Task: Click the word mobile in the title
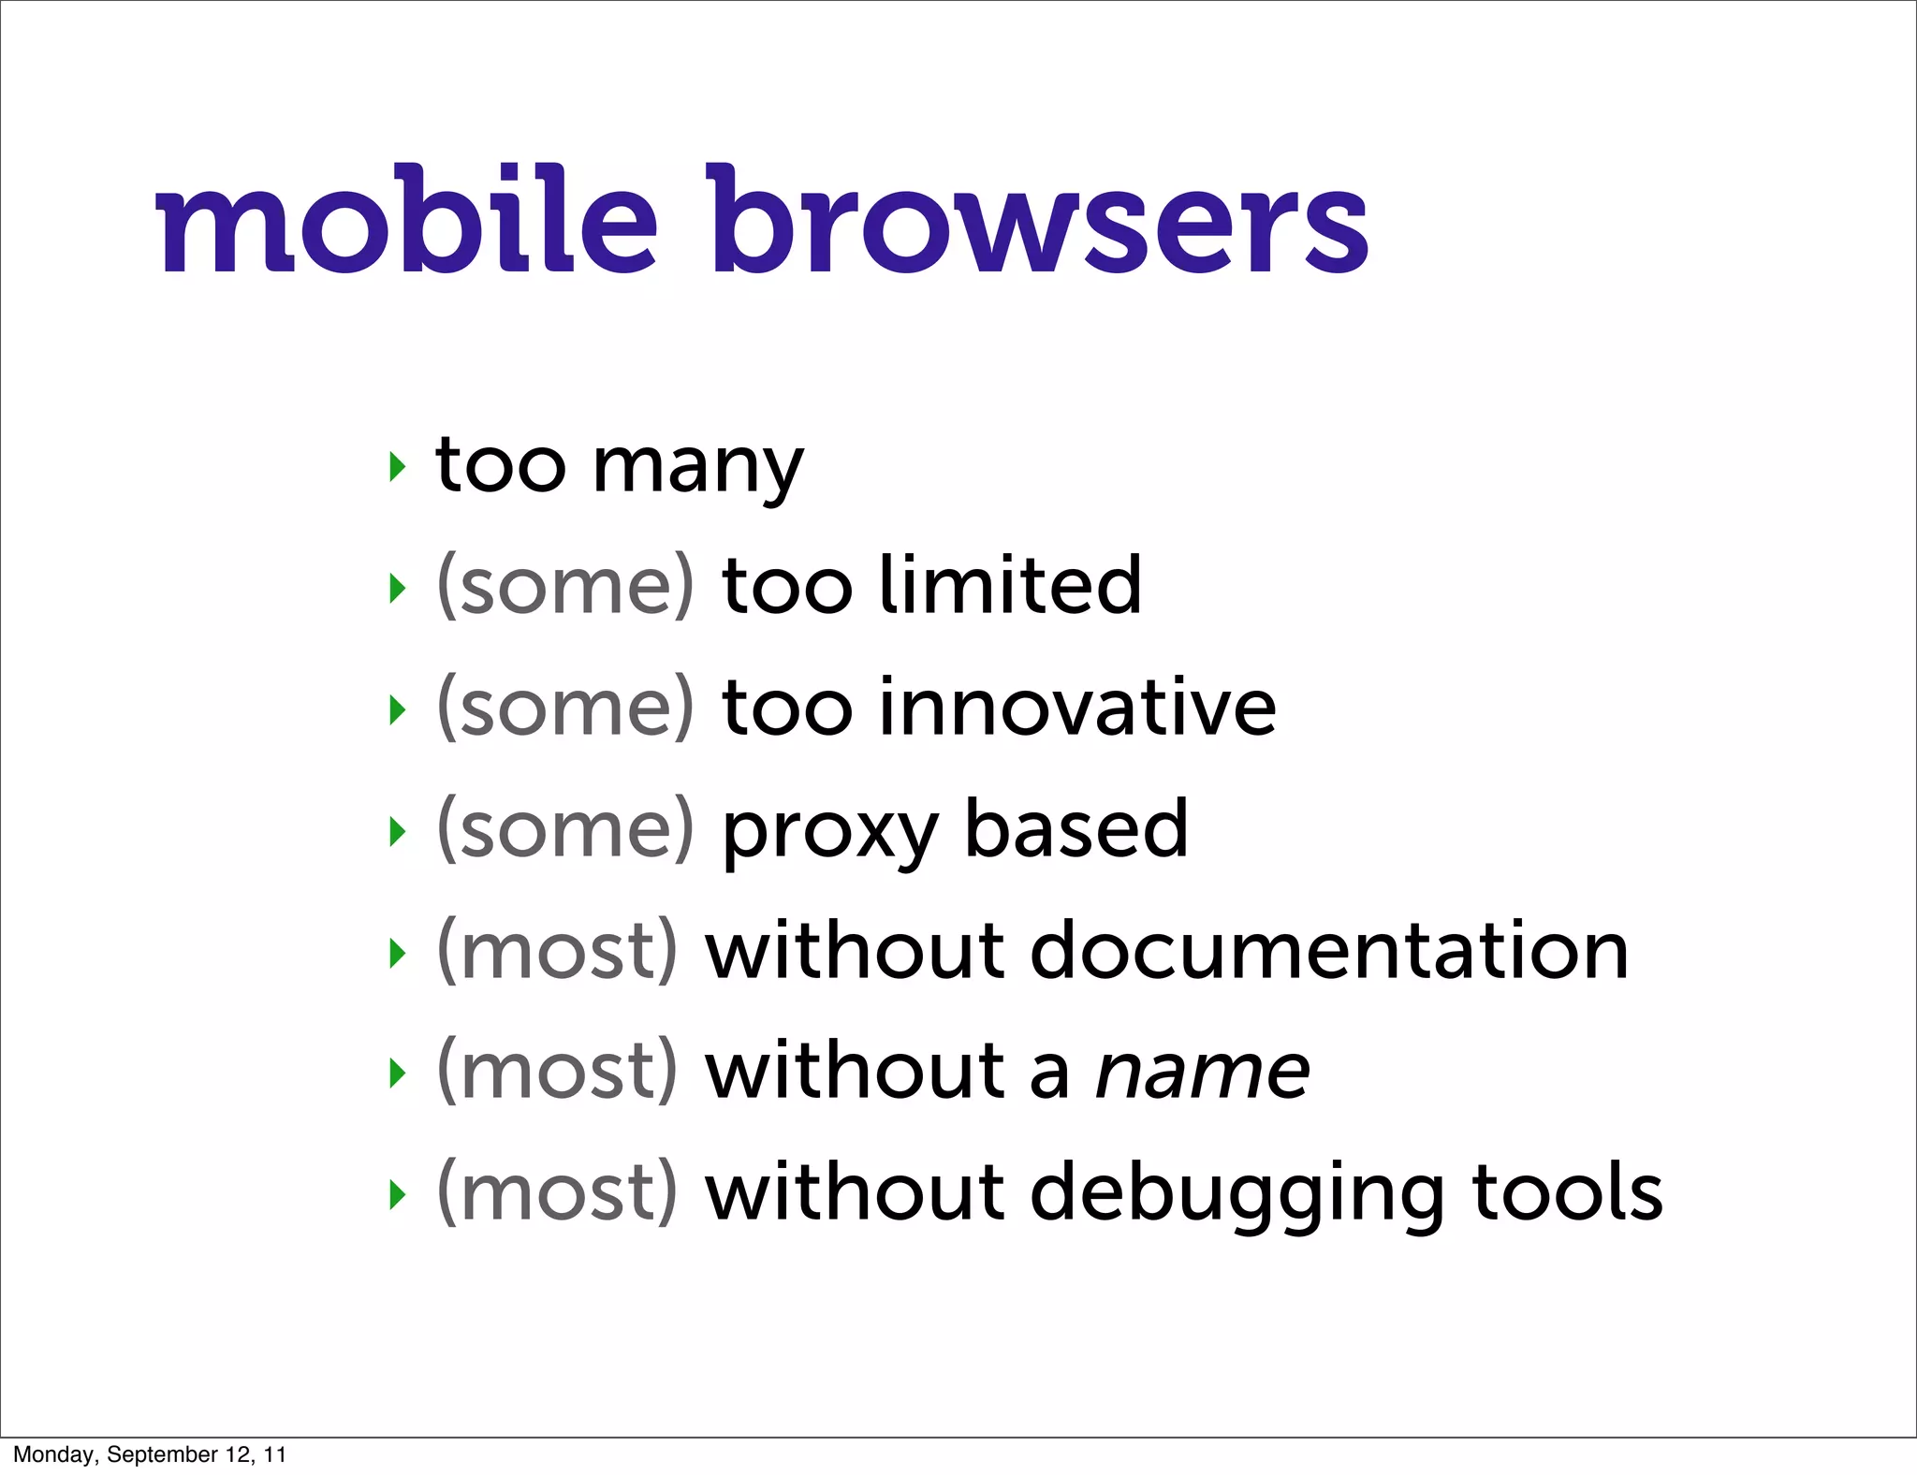(406, 220)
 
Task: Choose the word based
(1076, 828)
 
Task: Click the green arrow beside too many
(398, 466)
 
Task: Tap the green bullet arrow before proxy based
(398, 831)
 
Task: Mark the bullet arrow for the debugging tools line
(398, 1194)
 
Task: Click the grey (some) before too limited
(565, 587)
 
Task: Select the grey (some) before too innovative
(565, 708)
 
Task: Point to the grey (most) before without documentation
(557, 952)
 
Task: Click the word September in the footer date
(161, 1454)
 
